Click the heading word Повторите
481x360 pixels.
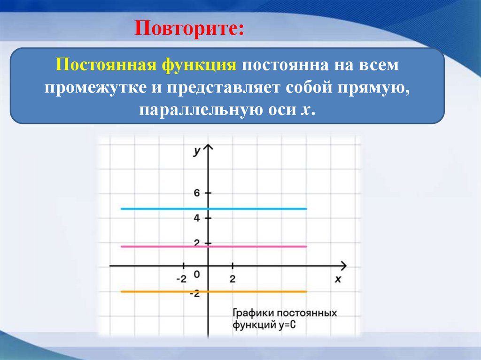(189, 29)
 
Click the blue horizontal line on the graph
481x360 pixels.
(258, 208)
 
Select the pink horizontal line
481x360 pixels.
(258, 246)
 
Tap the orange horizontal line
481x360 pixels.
(258, 291)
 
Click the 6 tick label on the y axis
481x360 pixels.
(197, 193)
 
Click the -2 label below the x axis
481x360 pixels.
(181, 279)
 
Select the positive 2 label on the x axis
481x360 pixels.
(233, 279)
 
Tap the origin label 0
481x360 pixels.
(197, 274)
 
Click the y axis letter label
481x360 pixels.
(197, 151)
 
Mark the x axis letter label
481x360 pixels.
(337, 279)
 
